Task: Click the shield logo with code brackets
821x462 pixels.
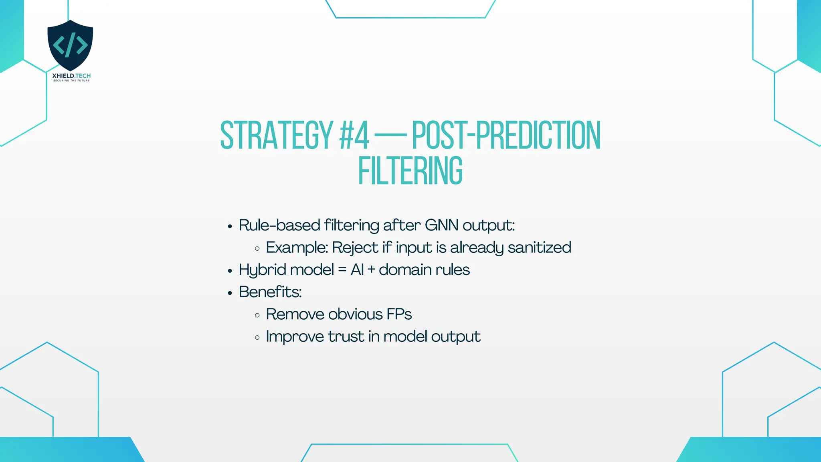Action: click(70, 45)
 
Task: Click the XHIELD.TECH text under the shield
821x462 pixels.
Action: click(71, 76)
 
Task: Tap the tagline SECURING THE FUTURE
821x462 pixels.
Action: click(71, 81)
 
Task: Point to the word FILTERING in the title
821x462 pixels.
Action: click(410, 171)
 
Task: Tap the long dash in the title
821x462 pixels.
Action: click(390, 136)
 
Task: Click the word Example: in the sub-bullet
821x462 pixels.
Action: click(297, 248)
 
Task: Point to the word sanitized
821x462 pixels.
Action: click(539, 247)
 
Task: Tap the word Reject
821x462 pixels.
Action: click(355, 248)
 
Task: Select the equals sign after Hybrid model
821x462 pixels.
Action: click(342, 270)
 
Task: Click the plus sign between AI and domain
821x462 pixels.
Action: click(371, 270)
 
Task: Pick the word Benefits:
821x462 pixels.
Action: click(270, 292)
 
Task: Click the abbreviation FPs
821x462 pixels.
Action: click(399, 314)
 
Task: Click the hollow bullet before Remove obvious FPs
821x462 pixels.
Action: click(257, 315)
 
